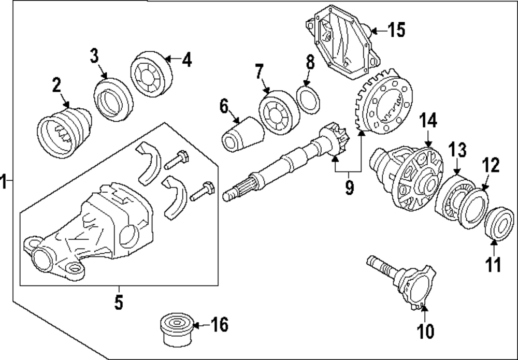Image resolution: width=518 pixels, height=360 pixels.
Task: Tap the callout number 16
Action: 219,325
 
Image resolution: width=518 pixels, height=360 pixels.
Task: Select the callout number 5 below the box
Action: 119,302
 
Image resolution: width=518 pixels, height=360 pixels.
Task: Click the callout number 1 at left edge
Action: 4,182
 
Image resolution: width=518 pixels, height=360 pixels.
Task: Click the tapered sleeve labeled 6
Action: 242,134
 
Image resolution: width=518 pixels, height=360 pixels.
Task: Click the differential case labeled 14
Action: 409,176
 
